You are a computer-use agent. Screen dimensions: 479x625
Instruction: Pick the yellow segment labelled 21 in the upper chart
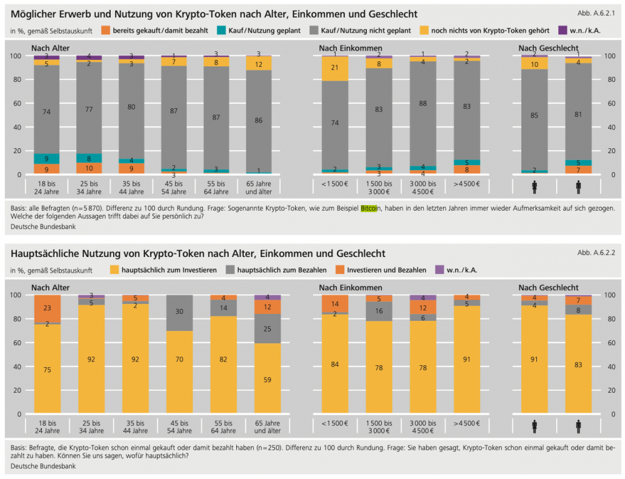(334, 68)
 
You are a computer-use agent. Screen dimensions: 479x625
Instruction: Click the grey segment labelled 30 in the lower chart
(179, 312)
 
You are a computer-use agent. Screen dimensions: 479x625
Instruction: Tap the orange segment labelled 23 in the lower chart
(47, 308)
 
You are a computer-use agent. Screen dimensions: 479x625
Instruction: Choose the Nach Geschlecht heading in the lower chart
(548, 288)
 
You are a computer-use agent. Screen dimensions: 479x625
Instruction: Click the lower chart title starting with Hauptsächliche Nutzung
(198, 253)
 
